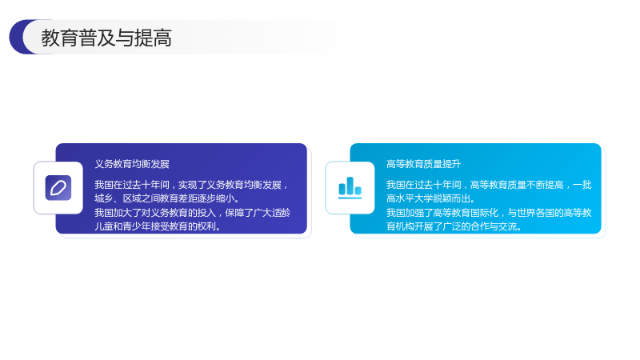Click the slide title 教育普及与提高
[x=106, y=38]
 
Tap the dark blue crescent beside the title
[x=17, y=37]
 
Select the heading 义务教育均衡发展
[x=132, y=164]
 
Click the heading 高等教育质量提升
[x=423, y=164]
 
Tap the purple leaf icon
[x=58, y=188]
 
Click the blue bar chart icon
[x=350, y=188]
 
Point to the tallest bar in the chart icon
[x=350, y=186]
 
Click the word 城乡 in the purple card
[x=104, y=198]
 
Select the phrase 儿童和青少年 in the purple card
[x=122, y=226]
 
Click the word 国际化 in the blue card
[x=485, y=212]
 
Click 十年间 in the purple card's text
[x=155, y=185]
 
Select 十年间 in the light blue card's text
[x=447, y=185]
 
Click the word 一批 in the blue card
[x=582, y=185]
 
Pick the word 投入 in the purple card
[x=206, y=212]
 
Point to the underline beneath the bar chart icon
[x=350, y=198]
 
